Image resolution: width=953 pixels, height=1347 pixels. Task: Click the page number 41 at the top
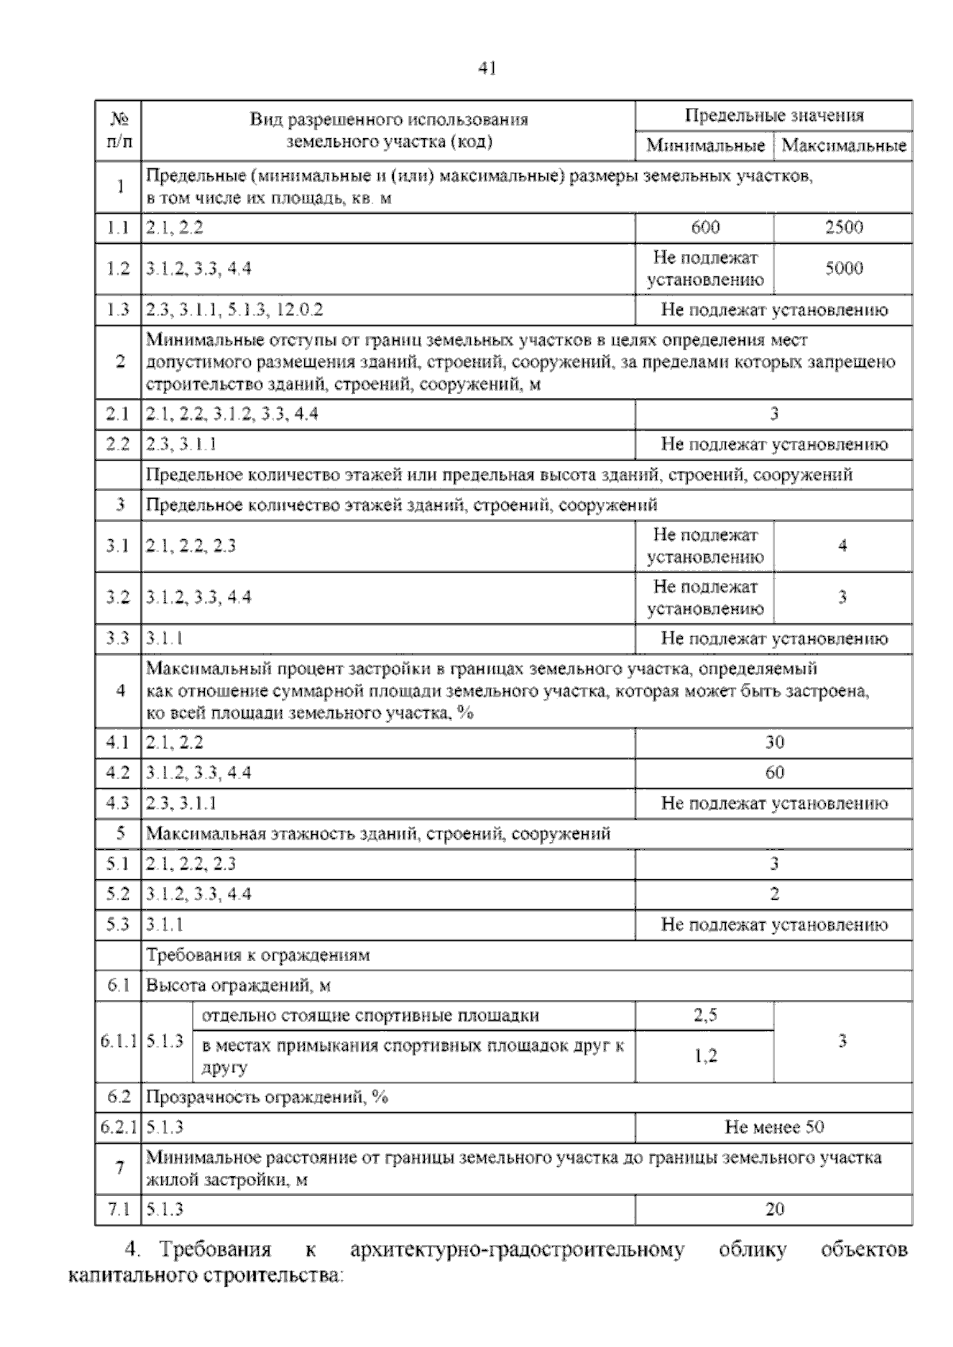[x=487, y=69]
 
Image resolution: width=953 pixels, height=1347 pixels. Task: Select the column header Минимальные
[x=705, y=145]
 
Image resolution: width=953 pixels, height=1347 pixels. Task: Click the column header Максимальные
[x=843, y=145]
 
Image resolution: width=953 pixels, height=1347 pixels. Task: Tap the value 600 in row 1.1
[x=705, y=228]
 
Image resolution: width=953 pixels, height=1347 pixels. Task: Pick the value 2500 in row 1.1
[x=843, y=228]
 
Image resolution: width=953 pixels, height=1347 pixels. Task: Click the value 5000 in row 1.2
[x=843, y=268]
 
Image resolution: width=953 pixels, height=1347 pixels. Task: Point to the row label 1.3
[x=118, y=310]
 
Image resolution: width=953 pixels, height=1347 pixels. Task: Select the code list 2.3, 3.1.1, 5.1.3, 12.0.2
[x=234, y=310]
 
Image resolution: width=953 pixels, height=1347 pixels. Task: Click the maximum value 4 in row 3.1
[x=843, y=546]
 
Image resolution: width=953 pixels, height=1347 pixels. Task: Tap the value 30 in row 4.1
[x=774, y=743]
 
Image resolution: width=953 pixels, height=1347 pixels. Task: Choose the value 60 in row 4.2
[x=774, y=773]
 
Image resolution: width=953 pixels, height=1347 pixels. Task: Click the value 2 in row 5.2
[x=774, y=894]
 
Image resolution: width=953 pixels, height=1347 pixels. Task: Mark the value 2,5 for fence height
[x=705, y=1016]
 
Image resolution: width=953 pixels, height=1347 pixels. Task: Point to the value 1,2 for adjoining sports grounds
[x=705, y=1056]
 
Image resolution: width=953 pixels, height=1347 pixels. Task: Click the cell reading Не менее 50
[x=774, y=1127]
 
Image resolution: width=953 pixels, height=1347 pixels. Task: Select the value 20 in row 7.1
[x=774, y=1210]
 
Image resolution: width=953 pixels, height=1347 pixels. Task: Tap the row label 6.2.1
[x=118, y=1127]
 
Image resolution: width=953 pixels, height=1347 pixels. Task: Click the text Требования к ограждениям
[x=258, y=955]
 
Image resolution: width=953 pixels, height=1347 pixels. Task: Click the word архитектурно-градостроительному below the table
[x=517, y=1250]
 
